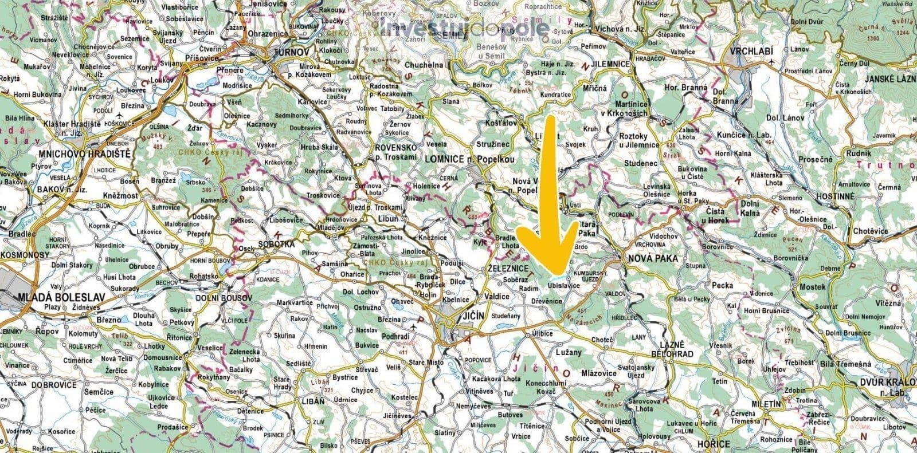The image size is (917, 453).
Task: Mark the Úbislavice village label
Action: click(x=565, y=285)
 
